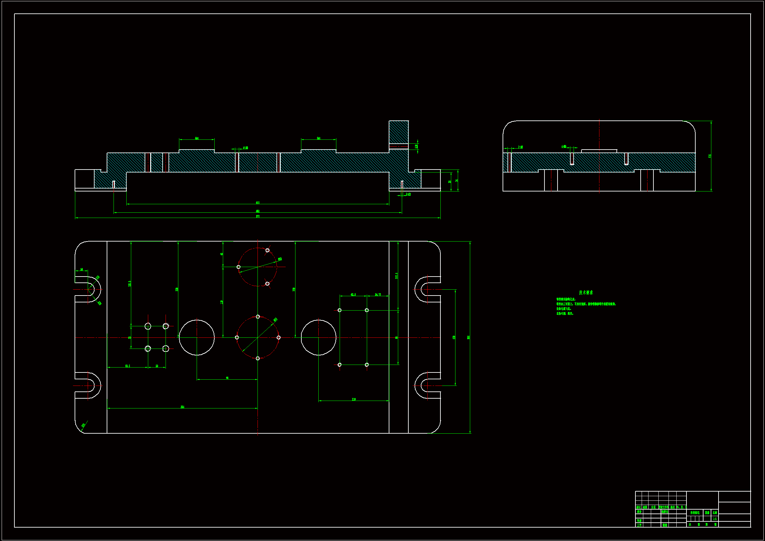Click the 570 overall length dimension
pos(258,216)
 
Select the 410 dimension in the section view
pos(258,203)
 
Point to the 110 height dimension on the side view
pos(710,156)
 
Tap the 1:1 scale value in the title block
pos(714,519)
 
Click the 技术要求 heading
pos(586,292)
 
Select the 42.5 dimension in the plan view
pos(353,294)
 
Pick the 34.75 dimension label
pos(378,294)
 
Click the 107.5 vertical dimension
pos(397,276)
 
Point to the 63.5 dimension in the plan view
pos(128,366)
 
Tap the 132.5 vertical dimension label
pos(130,283)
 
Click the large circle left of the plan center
pos(197,337)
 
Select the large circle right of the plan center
pos(318,337)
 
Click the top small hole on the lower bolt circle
pos(258,317)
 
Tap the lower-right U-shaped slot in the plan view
pos(427,385)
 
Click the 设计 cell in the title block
pos(639,512)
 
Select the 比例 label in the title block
pos(715,513)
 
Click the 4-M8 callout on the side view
pos(564,146)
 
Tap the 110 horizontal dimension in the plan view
pos(353,399)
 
